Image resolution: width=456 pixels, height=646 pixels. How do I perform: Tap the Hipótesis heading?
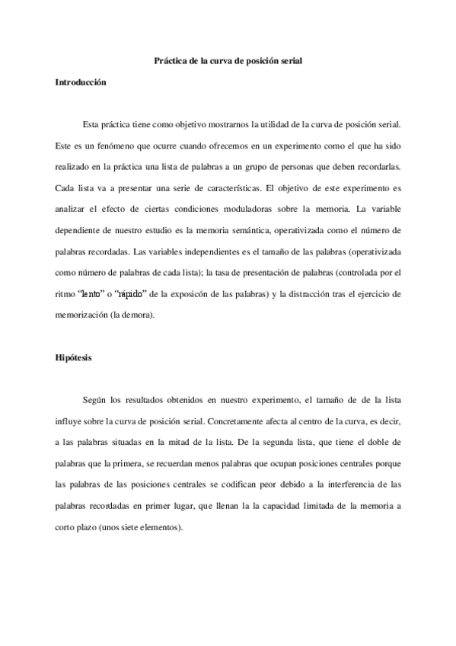click(x=73, y=357)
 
